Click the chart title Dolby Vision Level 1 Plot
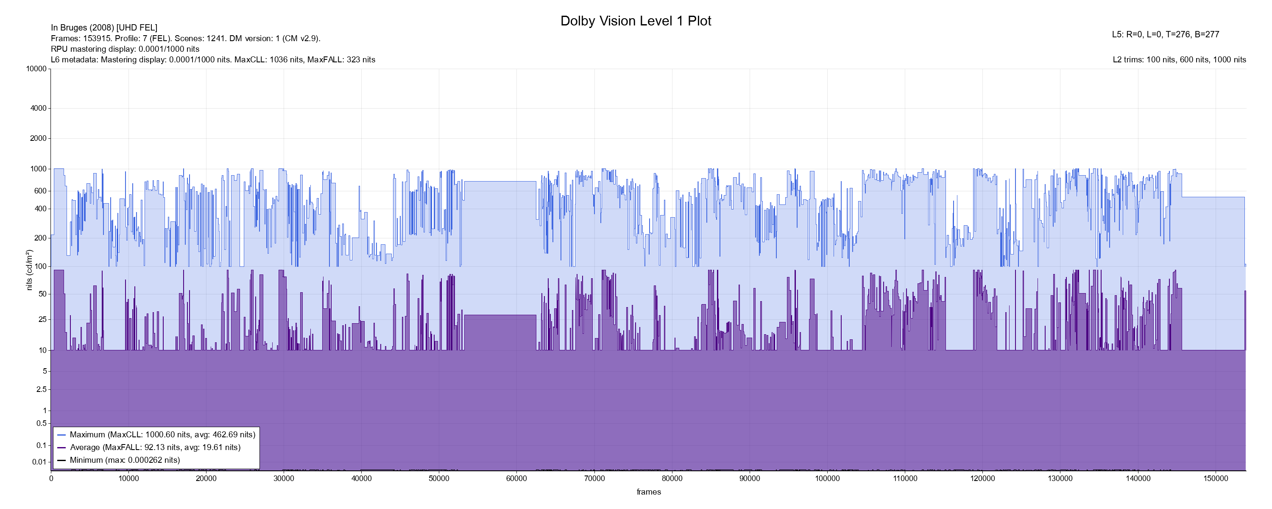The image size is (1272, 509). pos(636,21)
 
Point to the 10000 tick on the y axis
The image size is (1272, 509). pos(36,69)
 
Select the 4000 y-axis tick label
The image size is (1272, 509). pos(39,108)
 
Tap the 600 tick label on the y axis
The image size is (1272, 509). pos(40,191)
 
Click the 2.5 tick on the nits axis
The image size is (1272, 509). pos(42,389)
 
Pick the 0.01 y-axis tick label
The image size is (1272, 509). pos(39,462)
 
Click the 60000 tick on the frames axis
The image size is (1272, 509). pos(516,478)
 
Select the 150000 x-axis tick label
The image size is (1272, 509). pos(1215,478)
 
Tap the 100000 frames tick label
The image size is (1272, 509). pos(827,478)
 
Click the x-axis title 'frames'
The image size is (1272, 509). pos(648,492)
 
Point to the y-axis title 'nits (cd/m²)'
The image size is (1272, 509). pos(29,270)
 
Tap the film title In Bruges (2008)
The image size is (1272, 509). pos(104,28)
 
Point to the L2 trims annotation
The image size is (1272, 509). pos(1179,60)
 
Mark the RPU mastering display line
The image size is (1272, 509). pos(125,49)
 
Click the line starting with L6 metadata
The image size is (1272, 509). pos(213,60)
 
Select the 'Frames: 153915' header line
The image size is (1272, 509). pos(186,39)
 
